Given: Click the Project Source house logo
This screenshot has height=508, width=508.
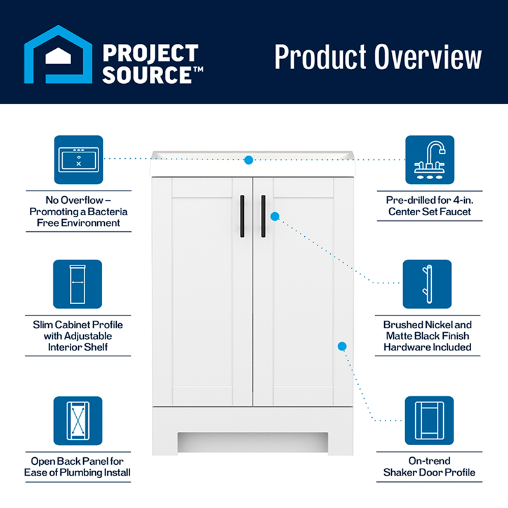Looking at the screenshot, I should click(x=57, y=55).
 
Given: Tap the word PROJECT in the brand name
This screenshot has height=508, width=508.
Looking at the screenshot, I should click(x=150, y=53).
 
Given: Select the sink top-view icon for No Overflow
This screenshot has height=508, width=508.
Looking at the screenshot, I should click(x=79, y=159).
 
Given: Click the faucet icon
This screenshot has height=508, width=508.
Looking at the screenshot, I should click(x=429, y=159).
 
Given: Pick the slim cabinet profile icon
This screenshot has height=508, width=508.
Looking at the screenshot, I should click(x=77, y=284).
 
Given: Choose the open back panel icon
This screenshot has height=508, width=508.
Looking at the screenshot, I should click(x=77, y=420).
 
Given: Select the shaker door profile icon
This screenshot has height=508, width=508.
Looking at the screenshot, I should click(x=429, y=420).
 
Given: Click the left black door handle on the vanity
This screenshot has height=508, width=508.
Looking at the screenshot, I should click(x=242, y=216).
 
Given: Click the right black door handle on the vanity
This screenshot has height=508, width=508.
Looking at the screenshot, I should click(x=264, y=216).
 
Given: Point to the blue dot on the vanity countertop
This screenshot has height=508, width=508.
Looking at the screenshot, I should click(x=249, y=160).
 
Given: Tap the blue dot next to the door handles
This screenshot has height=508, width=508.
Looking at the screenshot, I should click(x=275, y=216).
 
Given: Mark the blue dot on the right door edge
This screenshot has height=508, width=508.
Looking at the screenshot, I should click(x=342, y=346).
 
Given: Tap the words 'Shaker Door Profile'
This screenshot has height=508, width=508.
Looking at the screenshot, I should click(x=429, y=472).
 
